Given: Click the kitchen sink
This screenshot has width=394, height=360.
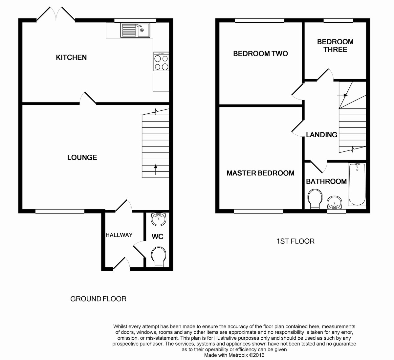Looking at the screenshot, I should pos(135,30).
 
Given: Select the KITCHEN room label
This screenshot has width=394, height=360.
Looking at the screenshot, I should pos(71,57).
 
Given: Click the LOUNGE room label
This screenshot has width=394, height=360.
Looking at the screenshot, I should pos(82,158).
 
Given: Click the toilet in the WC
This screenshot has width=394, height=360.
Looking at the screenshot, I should pos(159,257).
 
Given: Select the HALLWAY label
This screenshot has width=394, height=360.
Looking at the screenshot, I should pos(119,235).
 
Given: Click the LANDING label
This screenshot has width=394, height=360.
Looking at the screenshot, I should pos(321,135).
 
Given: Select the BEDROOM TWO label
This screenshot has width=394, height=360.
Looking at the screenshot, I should pos(260,54).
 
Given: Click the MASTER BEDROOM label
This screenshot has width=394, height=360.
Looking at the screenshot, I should pos(260,173).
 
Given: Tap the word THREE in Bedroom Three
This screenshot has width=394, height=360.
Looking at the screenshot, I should pos(335,50).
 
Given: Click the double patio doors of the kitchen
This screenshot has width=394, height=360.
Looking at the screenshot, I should pos(55,14).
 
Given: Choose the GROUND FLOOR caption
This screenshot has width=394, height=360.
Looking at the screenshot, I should pos(98,299).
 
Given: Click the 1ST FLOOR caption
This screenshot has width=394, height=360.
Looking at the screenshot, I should pos(295,241).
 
